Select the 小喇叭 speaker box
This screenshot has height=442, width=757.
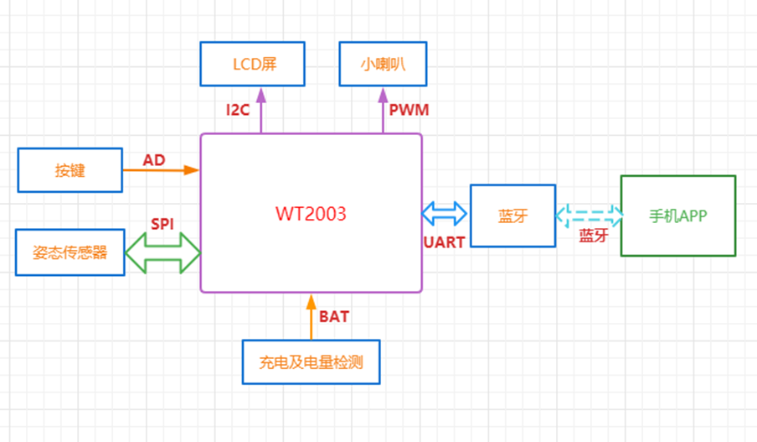[x=383, y=65]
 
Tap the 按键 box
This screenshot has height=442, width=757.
[x=70, y=170]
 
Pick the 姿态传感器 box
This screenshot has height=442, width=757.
[x=70, y=252]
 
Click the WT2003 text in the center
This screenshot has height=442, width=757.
[x=311, y=213]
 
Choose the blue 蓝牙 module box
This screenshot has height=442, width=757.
[x=512, y=216]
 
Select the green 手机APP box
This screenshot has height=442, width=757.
[x=677, y=216]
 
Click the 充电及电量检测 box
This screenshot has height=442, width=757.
[x=311, y=362]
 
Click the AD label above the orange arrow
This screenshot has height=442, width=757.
[x=154, y=159]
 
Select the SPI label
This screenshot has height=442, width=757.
[x=162, y=224]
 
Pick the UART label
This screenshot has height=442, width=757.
[x=444, y=242]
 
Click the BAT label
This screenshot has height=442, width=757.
[x=334, y=317]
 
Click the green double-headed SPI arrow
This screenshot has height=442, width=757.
[x=162, y=252]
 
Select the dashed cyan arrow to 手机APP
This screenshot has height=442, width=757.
[x=588, y=215]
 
